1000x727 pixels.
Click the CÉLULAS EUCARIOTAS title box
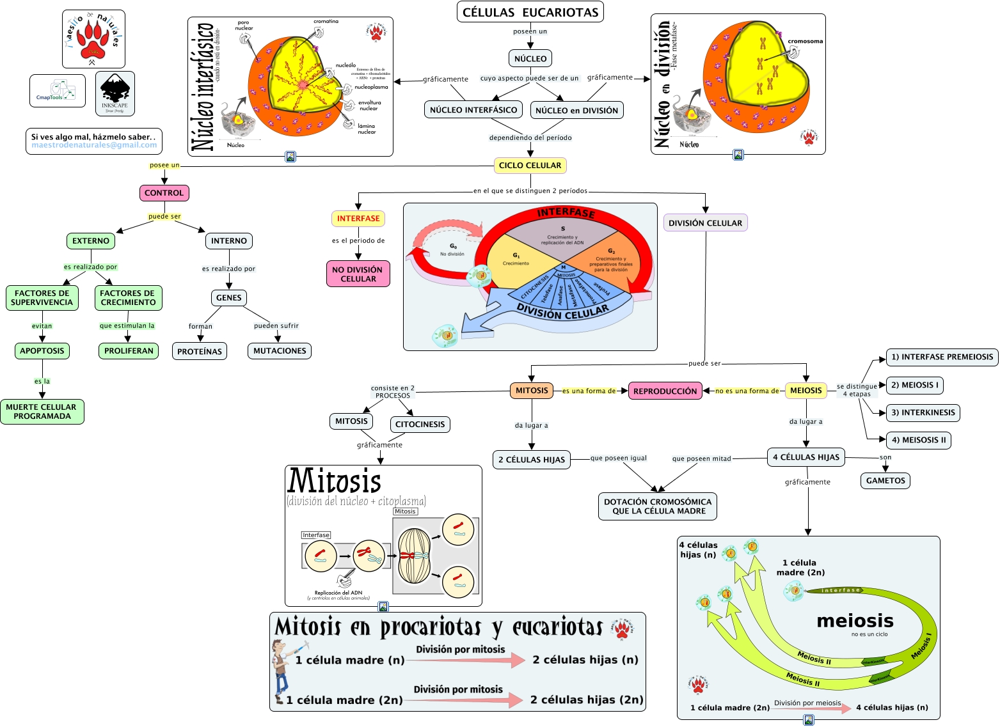click(530, 12)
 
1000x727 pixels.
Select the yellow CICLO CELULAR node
click(530, 166)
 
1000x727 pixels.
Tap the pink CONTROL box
click(164, 193)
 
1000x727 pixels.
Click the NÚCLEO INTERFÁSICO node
click(473, 110)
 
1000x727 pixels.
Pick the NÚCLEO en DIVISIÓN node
click(576, 111)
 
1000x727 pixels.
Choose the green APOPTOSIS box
click(42, 351)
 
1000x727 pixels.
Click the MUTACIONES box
click(280, 351)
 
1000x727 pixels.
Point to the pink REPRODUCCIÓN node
click(665, 391)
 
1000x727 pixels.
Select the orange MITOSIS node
click(532, 391)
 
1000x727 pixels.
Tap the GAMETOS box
click(885, 481)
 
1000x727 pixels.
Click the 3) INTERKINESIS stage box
click(923, 413)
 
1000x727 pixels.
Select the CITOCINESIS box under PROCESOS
click(420, 425)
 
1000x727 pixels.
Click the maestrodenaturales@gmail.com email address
click(94, 145)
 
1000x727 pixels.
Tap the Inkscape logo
click(115, 93)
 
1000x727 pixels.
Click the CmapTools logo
click(57, 91)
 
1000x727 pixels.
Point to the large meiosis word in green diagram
click(855, 621)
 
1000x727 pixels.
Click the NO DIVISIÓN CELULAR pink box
click(358, 274)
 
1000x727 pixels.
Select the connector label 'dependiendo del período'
click(530, 137)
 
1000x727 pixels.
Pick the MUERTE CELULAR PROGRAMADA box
click(42, 412)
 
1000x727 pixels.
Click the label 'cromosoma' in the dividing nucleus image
click(805, 42)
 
